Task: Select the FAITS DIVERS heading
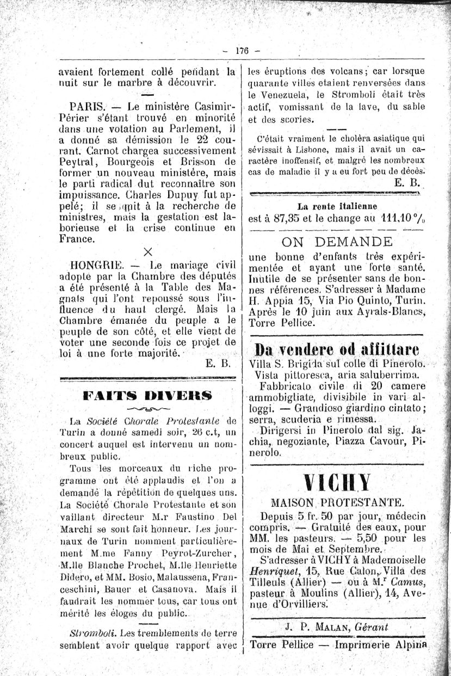point(147,396)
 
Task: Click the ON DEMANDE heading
point(337,242)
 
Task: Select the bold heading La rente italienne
point(337,206)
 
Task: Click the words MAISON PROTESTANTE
point(337,502)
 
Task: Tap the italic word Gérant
point(371,627)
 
